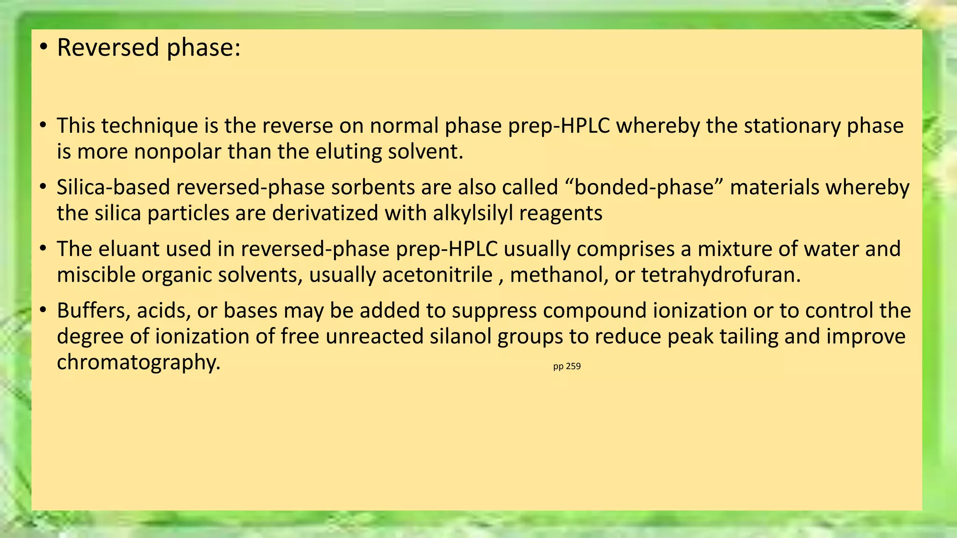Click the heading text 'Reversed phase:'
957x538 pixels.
(x=149, y=48)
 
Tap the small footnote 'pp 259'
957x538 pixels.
(x=566, y=367)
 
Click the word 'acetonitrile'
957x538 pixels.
(x=437, y=275)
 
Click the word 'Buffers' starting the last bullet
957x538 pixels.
(x=93, y=311)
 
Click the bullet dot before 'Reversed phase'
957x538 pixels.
(x=43, y=48)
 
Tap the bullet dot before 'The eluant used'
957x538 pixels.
(x=43, y=249)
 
